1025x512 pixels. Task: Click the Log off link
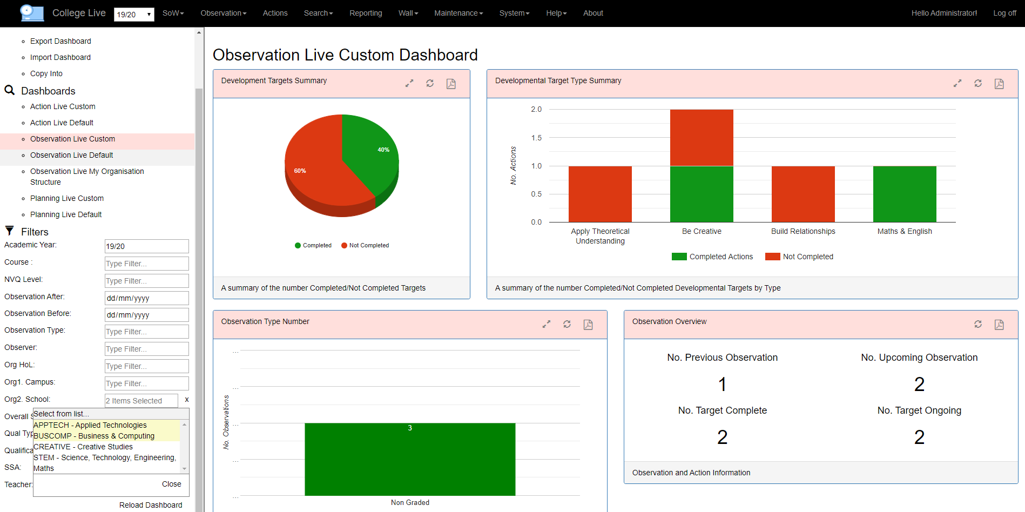tap(1004, 13)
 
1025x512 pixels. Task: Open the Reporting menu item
tap(366, 13)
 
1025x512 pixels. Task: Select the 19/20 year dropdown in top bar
tap(134, 15)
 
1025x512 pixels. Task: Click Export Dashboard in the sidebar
tap(60, 41)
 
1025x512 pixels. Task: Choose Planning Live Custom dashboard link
tap(67, 198)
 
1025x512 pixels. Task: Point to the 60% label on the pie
tap(300, 171)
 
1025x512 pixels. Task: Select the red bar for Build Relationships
tap(803, 194)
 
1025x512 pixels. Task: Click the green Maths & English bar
tap(905, 194)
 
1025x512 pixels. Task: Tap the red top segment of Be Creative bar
tap(702, 138)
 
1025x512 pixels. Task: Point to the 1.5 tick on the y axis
tap(536, 138)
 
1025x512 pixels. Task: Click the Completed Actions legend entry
tap(712, 257)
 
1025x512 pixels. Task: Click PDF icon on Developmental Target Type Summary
tap(999, 84)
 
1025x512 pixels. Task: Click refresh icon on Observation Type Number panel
tap(567, 324)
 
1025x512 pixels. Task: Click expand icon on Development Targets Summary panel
tap(409, 83)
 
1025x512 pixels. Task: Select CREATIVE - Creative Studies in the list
tap(83, 447)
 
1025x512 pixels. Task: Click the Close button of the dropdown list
tap(171, 484)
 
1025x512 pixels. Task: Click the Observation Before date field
tap(146, 315)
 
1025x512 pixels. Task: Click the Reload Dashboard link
tap(151, 505)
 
